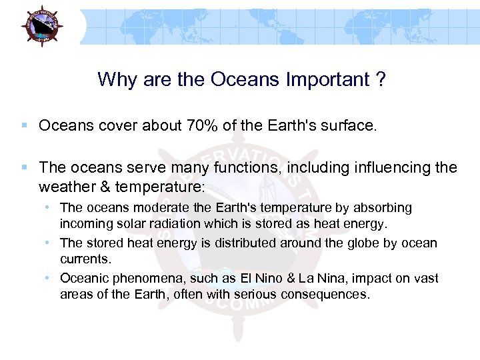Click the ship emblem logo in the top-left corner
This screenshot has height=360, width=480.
(x=41, y=25)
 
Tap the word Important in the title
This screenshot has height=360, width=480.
(x=326, y=79)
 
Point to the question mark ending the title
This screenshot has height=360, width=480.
(x=380, y=79)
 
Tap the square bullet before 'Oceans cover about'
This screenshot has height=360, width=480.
(x=25, y=125)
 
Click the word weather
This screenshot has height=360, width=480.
(x=65, y=185)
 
